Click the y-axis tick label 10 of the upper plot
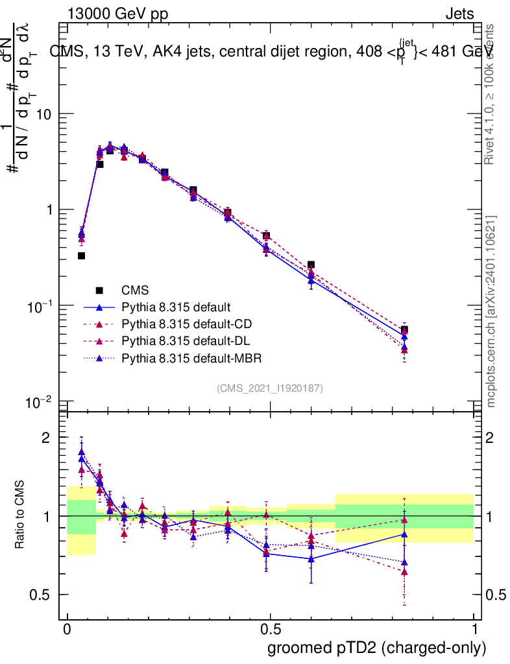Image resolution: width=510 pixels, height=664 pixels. tap(43, 114)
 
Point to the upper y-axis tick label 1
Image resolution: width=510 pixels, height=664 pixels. tap(47, 210)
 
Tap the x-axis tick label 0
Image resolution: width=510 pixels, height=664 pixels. tap(67, 630)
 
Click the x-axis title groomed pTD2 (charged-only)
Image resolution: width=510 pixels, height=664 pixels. tap(376, 647)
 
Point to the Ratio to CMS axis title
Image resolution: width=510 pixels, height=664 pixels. tap(21, 516)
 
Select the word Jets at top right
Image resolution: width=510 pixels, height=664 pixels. tap(459, 14)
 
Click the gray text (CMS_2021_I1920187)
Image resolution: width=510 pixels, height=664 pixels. tap(270, 388)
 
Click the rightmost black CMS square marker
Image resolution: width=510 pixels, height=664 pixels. tap(404, 329)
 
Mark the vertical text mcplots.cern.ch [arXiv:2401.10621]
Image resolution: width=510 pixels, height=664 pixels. tap(491, 311)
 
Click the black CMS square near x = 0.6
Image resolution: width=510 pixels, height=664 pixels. tap(311, 265)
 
